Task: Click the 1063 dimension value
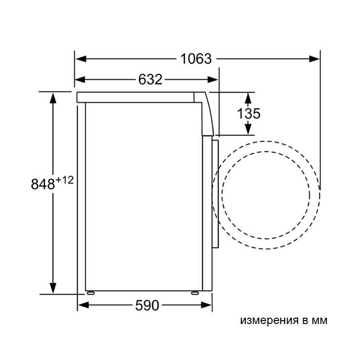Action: [x=196, y=59]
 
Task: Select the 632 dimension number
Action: [x=150, y=79]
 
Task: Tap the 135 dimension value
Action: [x=249, y=113]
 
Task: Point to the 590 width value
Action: [x=147, y=306]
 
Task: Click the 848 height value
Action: [x=43, y=184]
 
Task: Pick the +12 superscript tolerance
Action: [x=65, y=180]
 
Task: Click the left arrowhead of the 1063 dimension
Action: [x=81, y=59]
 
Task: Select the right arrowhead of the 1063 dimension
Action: [x=314, y=59]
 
